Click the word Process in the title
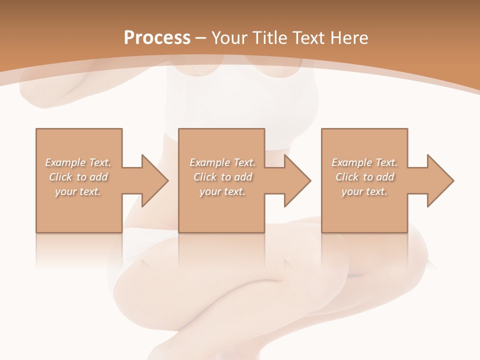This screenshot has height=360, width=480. (157, 38)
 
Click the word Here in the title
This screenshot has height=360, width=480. (350, 38)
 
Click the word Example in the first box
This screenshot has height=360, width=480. (65, 162)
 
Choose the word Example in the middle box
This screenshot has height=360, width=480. (209, 162)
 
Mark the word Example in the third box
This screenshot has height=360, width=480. (351, 162)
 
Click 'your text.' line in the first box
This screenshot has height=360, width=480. (78, 191)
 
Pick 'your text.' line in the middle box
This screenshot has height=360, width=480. (222, 191)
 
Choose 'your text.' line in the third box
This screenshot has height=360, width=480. (364, 191)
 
